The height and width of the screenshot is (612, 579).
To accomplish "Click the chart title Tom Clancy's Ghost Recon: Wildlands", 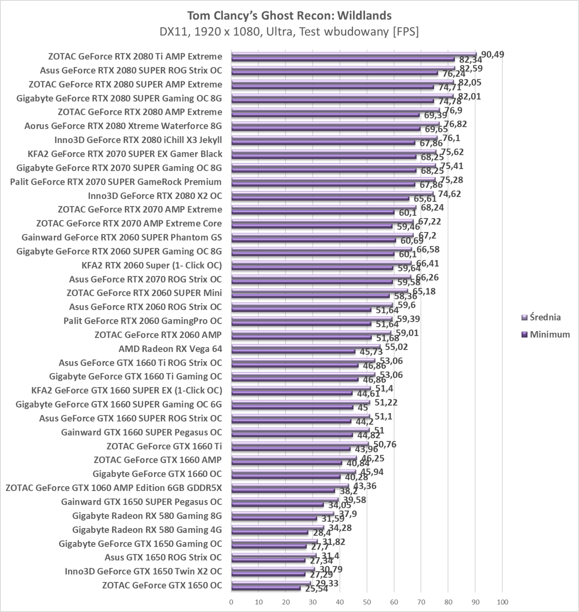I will click(289, 16).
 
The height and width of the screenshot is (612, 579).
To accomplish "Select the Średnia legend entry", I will click(545, 317).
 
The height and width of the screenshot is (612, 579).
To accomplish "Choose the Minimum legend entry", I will click(550, 334).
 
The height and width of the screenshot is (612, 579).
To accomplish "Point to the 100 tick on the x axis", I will click(503, 602).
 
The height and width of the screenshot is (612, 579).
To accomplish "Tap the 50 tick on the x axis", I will click(367, 602).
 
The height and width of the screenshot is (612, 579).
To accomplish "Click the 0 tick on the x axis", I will click(231, 602).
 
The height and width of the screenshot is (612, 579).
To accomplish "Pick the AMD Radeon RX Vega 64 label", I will click(170, 349).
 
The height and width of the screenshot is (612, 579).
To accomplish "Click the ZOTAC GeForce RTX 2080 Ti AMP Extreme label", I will click(135, 56).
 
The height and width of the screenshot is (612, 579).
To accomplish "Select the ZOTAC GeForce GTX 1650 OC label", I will click(162, 585).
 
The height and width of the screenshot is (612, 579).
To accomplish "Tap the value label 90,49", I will click(492, 55).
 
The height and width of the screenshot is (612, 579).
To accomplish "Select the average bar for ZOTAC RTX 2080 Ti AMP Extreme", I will click(354, 54).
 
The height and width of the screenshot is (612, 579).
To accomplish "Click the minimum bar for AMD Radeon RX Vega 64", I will click(293, 351).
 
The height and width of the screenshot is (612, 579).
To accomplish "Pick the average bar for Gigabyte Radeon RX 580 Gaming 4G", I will click(277, 528).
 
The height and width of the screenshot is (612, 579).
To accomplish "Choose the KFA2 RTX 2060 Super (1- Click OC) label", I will click(152, 265).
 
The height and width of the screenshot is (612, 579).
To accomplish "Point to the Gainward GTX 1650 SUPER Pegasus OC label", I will click(141, 502).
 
